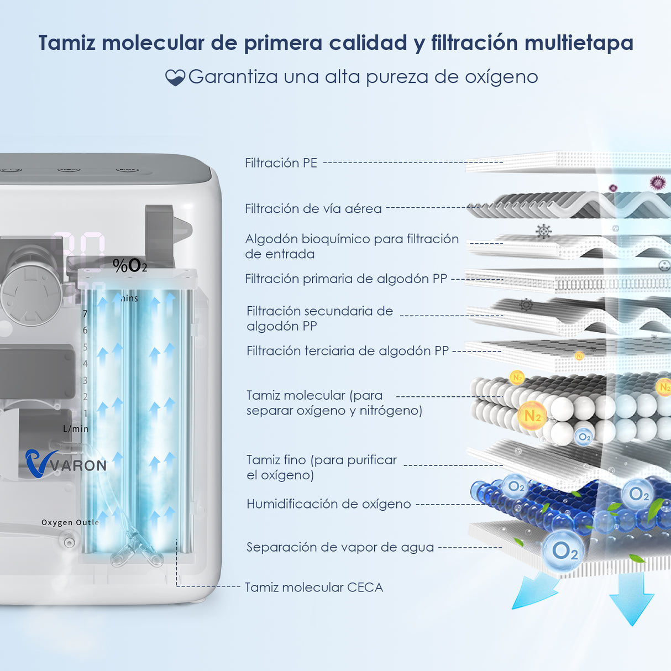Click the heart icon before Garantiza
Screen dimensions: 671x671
coord(175,77)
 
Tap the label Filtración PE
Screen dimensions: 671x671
coord(281,163)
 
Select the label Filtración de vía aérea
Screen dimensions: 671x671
coord(313,208)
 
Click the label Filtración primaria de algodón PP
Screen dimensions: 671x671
coord(345,279)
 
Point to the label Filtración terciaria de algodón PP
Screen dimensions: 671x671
coord(347,351)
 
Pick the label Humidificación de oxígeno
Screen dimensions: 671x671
coord(328,504)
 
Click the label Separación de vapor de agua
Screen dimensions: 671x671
coord(340,547)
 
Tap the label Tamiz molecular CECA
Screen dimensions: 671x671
coord(313,587)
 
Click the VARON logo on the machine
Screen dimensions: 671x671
coord(66,464)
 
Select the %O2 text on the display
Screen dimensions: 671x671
coord(130,266)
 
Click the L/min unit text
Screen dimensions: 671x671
coord(76,429)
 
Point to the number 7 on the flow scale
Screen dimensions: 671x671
coord(85,314)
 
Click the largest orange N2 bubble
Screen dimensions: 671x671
coord(532,416)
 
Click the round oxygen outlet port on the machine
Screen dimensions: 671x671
coord(69,542)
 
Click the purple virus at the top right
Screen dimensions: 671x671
coord(657,182)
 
